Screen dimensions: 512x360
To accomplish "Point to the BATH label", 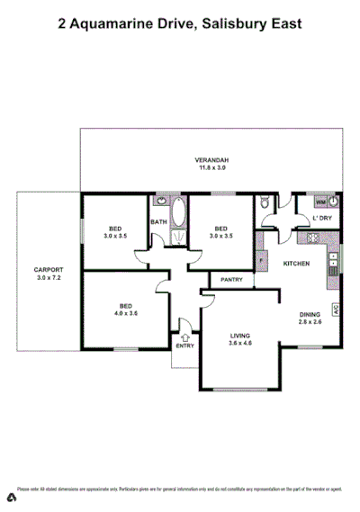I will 158,222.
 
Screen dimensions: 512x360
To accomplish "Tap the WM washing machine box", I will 321,202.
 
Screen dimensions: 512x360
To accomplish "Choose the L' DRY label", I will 321,219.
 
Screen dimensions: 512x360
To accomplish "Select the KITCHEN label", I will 297,264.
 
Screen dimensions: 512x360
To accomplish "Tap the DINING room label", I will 309,314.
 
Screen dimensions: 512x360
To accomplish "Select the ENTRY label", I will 184,346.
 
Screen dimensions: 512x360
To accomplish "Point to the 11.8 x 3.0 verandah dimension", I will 212,167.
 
